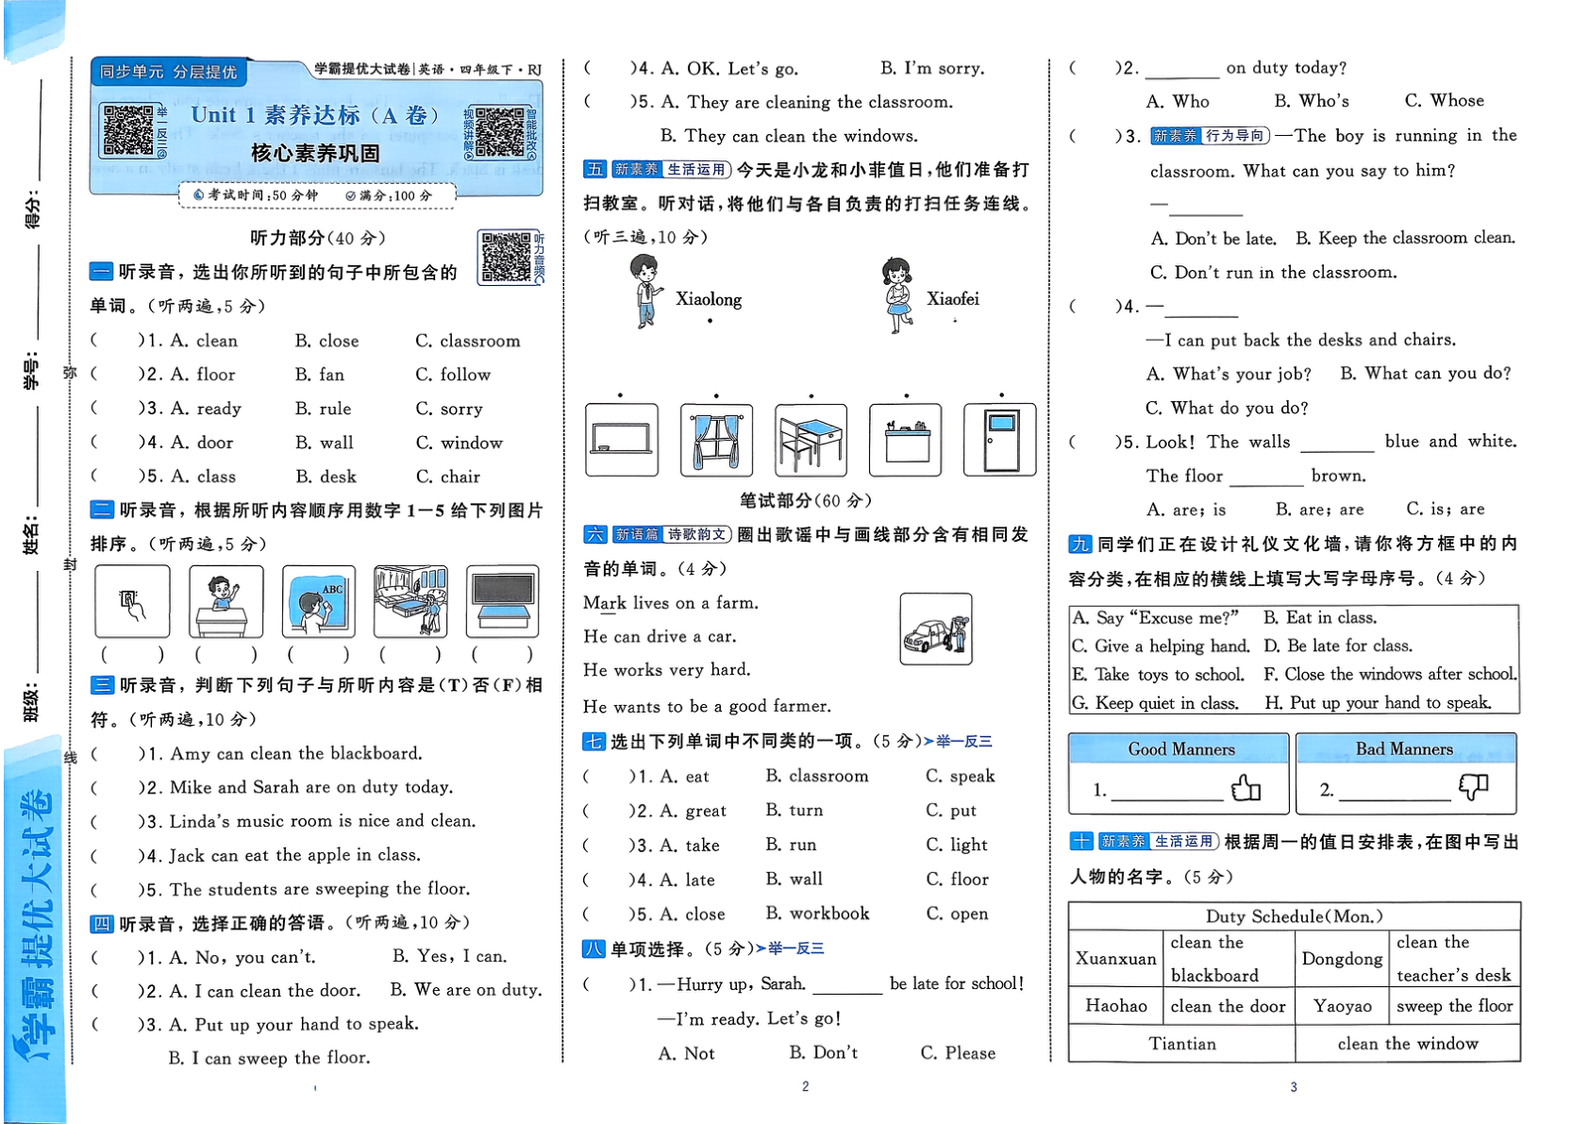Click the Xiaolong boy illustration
[x=645, y=291]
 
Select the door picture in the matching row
[x=999, y=440]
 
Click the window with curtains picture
[x=716, y=440]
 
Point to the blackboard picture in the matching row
[x=621, y=440]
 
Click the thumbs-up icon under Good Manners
[x=1246, y=787]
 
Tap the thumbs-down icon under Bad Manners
[x=1472, y=787]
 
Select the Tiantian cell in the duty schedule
[x=1181, y=1044]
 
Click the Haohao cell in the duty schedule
[x=1115, y=1006]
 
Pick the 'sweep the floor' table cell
[x=1454, y=1006]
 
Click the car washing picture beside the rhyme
[x=935, y=629]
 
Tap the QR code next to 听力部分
[x=506, y=257]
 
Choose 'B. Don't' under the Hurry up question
[x=823, y=1053]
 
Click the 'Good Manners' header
[x=1180, y=749]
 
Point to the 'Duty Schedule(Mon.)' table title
[x=1294, y=916]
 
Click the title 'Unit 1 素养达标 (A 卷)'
[x=315, y=115]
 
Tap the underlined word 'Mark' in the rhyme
[x=604, y=603]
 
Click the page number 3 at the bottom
[x=1294, y=1087]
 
